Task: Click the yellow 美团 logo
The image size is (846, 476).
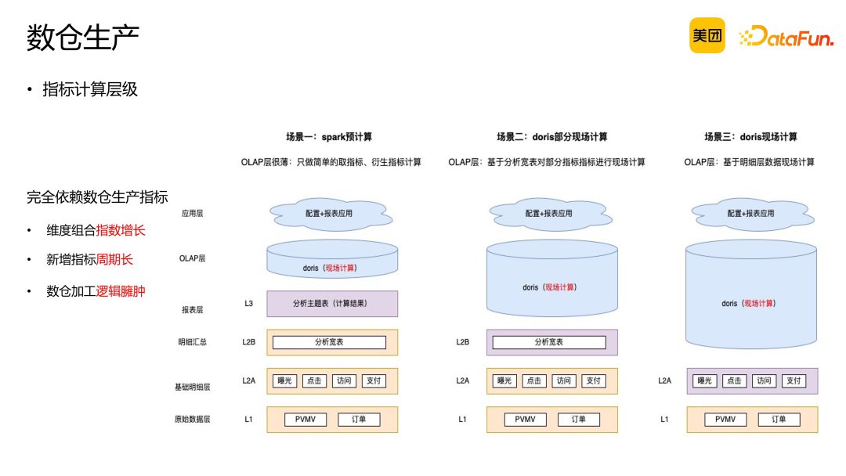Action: pos(707,35)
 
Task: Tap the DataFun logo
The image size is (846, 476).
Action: pos(786,36)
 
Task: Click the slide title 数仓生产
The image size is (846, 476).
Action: pos(83,38)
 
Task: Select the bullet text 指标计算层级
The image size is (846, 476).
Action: pos(90,89)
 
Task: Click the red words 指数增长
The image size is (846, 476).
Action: pos(121,230)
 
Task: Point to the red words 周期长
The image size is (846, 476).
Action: pos(114,260)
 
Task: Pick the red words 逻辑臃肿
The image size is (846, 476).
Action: pos(121,291)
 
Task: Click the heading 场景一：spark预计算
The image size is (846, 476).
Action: pos(329,137)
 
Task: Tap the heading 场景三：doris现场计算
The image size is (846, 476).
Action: pos(750,137)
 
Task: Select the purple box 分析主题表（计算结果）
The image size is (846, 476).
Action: pos(332,304)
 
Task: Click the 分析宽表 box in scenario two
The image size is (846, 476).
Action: pos(548,342)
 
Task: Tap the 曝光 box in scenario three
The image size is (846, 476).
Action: pos(704,380)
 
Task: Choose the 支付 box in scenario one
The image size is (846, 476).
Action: pos(374,380)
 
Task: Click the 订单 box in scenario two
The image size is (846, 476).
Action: pos(579,420)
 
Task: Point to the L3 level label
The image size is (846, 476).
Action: pos(248,304)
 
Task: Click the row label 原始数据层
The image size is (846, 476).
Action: pos(192,420)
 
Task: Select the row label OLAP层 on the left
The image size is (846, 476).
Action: pos(193,258)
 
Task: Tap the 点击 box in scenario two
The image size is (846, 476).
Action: pos(533,380)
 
